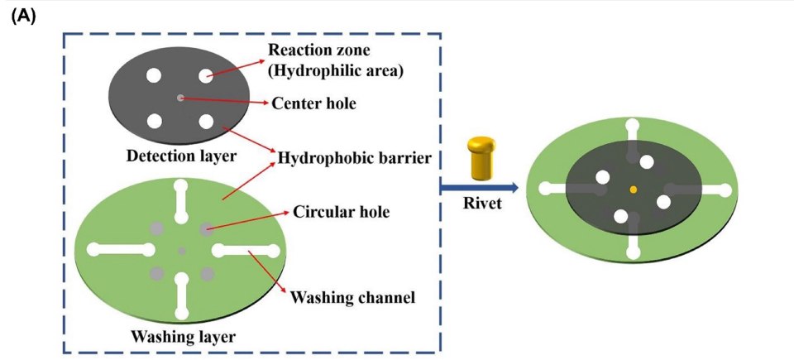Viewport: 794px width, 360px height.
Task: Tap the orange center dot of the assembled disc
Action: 634,190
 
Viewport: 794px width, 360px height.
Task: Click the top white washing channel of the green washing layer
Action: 181,207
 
